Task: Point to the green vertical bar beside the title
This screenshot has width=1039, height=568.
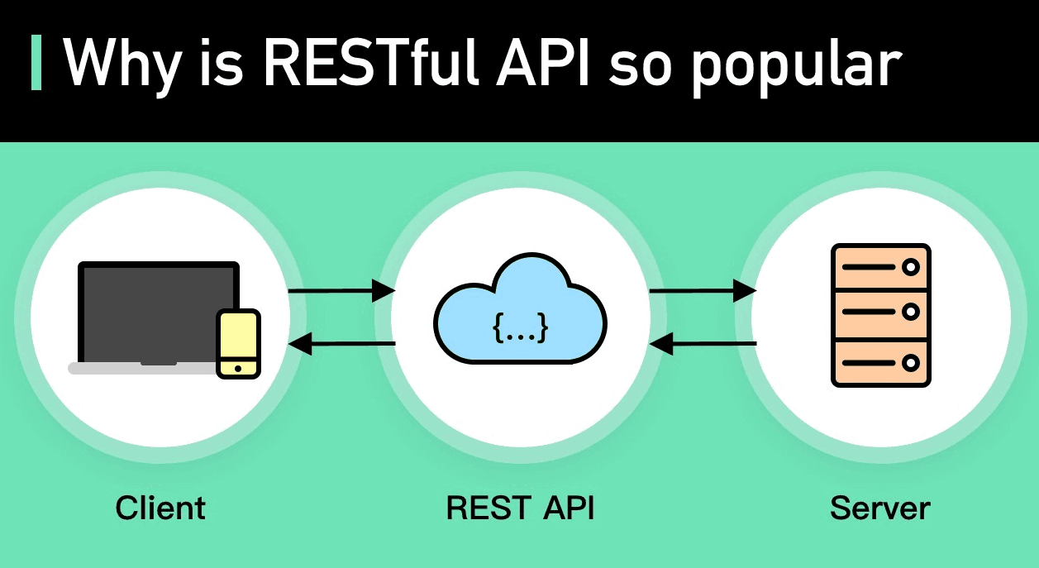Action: pos(36,63)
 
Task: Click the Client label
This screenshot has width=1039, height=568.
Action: pos(160,507)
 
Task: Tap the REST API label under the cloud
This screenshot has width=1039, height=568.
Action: pos(520,507)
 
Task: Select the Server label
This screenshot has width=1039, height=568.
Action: pos(880,507)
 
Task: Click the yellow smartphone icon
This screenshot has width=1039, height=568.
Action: pos(238,342)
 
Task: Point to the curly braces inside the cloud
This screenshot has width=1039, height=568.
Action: pos(520,328)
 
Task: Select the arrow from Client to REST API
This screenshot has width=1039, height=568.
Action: pos(341,291)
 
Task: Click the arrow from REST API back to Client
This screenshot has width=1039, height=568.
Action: pos(341,343)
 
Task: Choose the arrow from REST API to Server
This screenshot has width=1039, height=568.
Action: pos(703,291)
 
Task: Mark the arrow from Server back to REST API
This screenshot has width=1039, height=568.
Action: pos(703,343)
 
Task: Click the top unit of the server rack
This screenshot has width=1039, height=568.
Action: pos(880,267)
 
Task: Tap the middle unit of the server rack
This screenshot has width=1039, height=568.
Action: pos(880,313)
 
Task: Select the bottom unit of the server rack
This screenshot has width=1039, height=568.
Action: pos(880,362)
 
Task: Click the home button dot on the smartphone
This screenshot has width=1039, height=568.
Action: pos(238,368)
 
